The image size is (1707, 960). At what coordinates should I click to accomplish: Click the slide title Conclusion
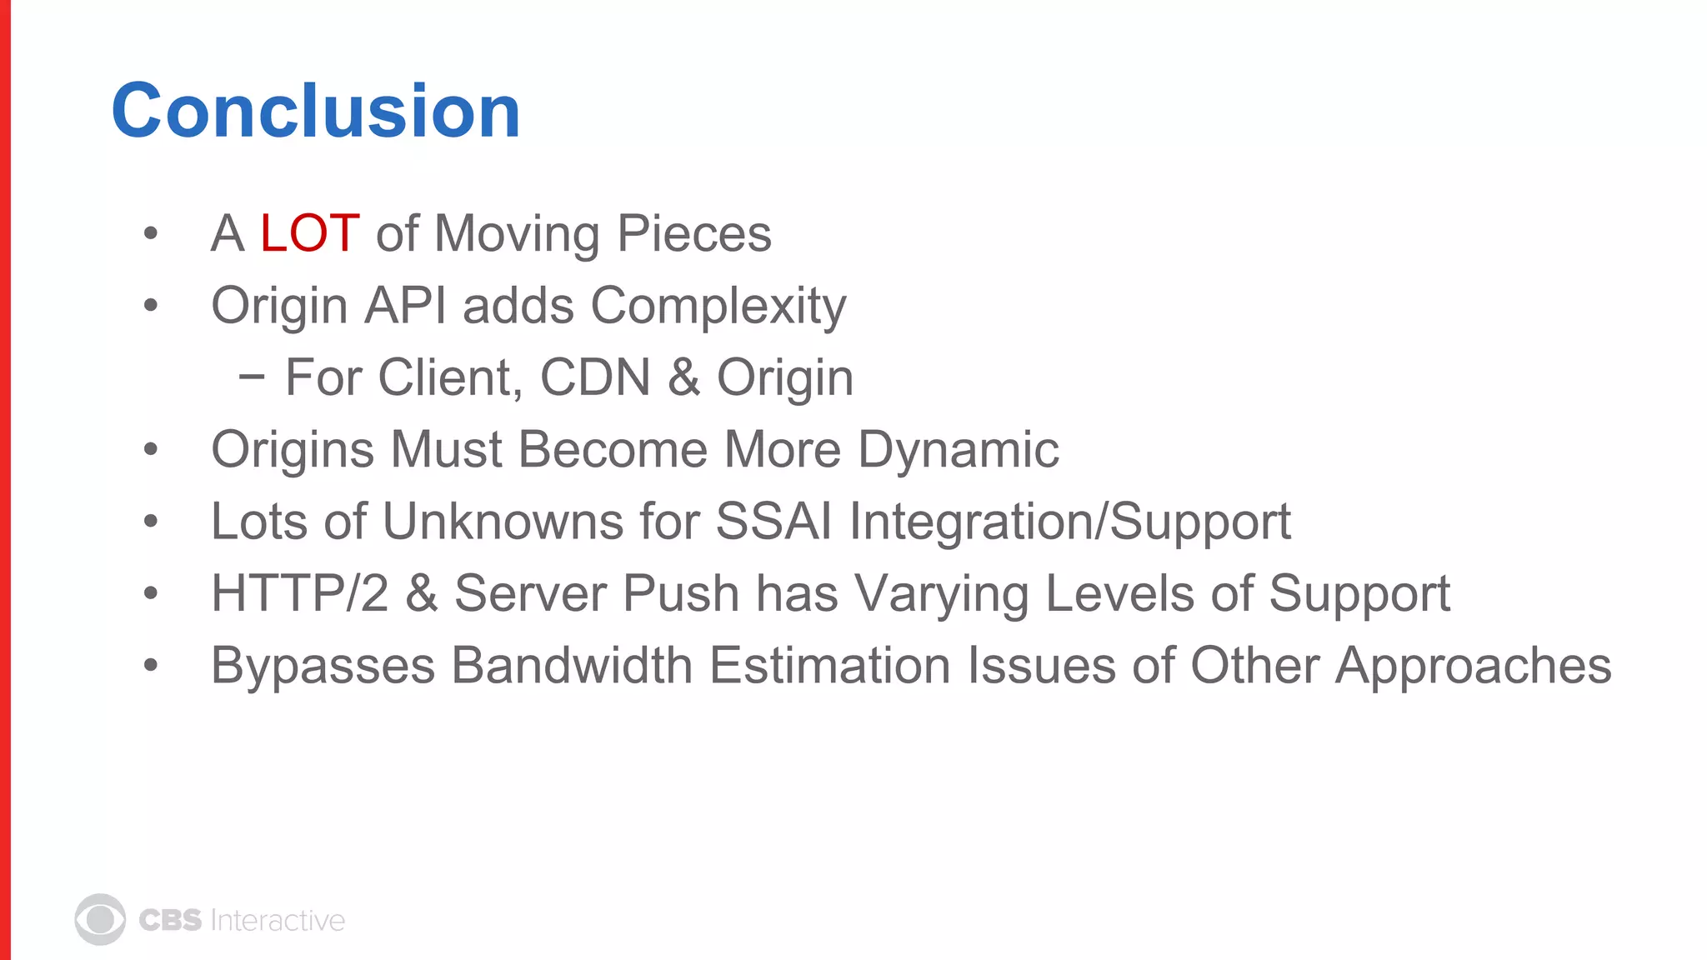pyautogui.click(x=316, y=111)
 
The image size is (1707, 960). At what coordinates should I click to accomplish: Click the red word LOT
pyautogui.click(x=309, y=233)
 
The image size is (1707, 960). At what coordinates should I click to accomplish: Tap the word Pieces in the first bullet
pyautogui.click(x=693, y=233)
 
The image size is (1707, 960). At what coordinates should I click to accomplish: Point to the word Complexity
pyautogui.click(x=718, y=307)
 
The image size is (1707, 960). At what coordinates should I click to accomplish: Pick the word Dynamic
pyautogui.click(x=958, y=451)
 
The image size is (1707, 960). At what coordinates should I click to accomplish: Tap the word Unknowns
pyautogui.click(x=503, y=522)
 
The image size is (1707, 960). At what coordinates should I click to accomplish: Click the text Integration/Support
pyautogui.click(x=1069, y=522)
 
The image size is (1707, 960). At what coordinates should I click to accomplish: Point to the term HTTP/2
pyautogui.click(x=299, y=594)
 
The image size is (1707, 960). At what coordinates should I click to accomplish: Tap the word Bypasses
pyautogui.click(x=323, y=667)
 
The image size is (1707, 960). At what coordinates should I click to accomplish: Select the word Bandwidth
pyautogui.click(x=572, y=666)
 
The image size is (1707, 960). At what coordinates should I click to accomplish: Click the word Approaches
pyautogui.click(x=1473, y=667)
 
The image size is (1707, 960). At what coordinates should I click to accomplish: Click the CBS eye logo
pyautogui.click(x=100, y=920)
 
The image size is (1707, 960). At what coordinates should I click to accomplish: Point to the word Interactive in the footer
pyautogui.click(x=278, y=920)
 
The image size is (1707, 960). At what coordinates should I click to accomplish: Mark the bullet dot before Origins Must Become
pyautogui.click(x=150, y=450)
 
